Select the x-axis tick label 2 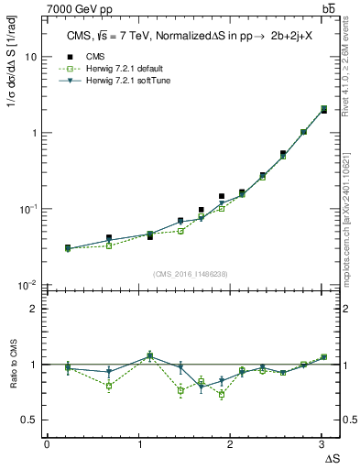230,443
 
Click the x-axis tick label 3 322,443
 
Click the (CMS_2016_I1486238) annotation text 191,274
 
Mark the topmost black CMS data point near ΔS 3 323,110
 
